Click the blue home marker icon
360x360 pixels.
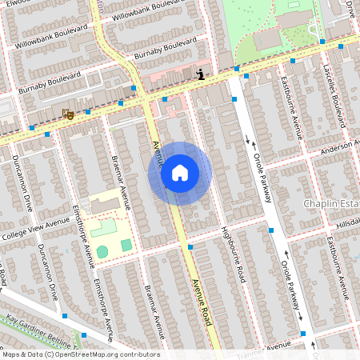180,173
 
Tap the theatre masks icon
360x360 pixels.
68,114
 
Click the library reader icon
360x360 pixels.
199,74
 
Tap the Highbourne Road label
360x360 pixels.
233,254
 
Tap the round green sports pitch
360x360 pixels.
102,252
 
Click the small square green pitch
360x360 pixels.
126,244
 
